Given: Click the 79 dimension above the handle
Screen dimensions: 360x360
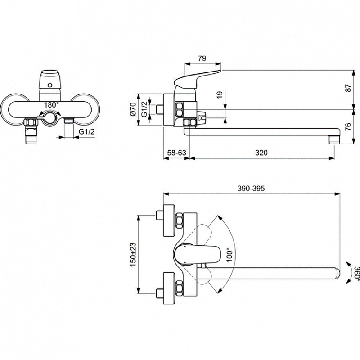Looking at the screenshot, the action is coord(202,58).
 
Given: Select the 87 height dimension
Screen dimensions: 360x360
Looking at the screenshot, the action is coord(348,88).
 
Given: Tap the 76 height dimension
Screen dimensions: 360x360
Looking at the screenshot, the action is coord(348,126).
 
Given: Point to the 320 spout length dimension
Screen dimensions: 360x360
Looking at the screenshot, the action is coord(261,153).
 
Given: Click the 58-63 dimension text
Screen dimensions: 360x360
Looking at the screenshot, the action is coord(176,153).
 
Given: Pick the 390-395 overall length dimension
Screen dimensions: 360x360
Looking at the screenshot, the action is coord(251,188).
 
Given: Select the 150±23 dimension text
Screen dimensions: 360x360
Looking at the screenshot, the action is coord(133,254).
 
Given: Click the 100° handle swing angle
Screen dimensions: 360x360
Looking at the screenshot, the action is coord(229,255).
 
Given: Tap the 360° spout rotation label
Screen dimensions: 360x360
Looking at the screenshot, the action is coord(356,273).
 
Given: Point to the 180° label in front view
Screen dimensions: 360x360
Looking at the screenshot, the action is coord(51,105).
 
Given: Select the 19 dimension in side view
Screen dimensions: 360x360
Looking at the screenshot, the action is coord(220,95).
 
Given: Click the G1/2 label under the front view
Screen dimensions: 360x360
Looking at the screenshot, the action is coord(87,131).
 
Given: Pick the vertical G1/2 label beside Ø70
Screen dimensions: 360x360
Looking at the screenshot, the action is coord(144,109).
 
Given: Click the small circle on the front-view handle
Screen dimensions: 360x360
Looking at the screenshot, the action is coord(50,85).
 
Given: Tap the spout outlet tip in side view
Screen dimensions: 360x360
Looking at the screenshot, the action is coord(334,140).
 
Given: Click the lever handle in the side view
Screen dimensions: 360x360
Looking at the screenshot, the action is coord(197,79).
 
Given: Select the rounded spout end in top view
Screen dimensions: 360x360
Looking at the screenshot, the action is coord(336,274).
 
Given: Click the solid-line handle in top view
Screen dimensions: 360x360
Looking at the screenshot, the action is coord(197,254).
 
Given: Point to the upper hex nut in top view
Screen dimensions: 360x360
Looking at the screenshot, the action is coord(180,220).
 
